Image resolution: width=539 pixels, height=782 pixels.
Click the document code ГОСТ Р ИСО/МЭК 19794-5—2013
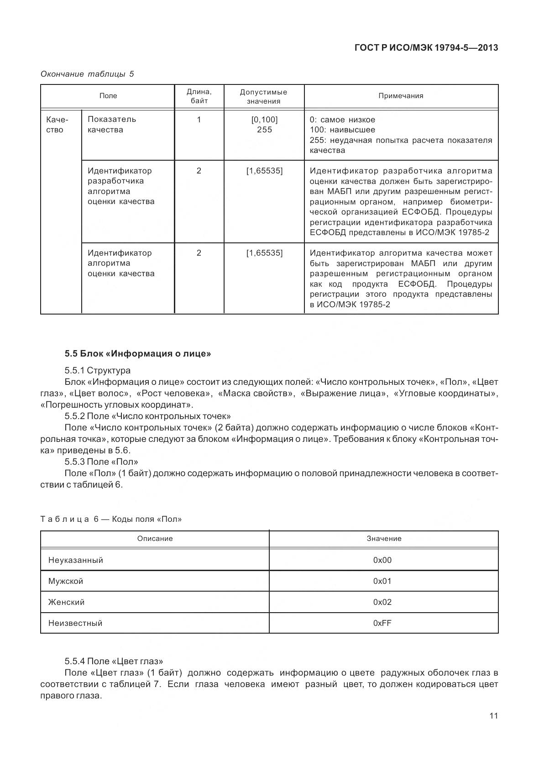click(x=426, y=47)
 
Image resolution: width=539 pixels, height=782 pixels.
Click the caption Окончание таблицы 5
click(x=87, y=74)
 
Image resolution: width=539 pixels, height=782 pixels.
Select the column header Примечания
click(x=401, y=96)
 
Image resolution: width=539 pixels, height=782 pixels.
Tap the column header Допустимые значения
click(x=263, y=96)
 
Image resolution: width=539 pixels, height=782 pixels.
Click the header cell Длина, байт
click(x=199, y=96)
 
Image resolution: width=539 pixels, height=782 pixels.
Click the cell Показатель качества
click(x=112, y=125)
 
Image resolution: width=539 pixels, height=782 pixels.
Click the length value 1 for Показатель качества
click(x=199, y=120)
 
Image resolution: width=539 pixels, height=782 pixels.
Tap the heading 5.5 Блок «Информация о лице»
click(x=138, y=353)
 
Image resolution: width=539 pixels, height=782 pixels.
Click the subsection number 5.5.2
click(x=75, y=416)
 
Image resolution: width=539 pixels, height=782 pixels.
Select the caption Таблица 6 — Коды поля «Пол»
click(x=111, y=519)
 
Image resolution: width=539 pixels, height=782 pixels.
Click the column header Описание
click(x=155, y=539)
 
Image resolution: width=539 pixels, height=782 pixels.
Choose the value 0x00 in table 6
click(x=382, y=560)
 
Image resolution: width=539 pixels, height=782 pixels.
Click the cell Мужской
click(x=66, y=581)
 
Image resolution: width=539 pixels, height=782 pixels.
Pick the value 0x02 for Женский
click(x=382, y=602)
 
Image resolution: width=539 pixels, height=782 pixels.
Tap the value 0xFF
click(x=382, y=623)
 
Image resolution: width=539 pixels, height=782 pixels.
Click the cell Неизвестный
click(x=75, y=623)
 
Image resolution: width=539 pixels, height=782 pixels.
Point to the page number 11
click(x=493, y=715)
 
